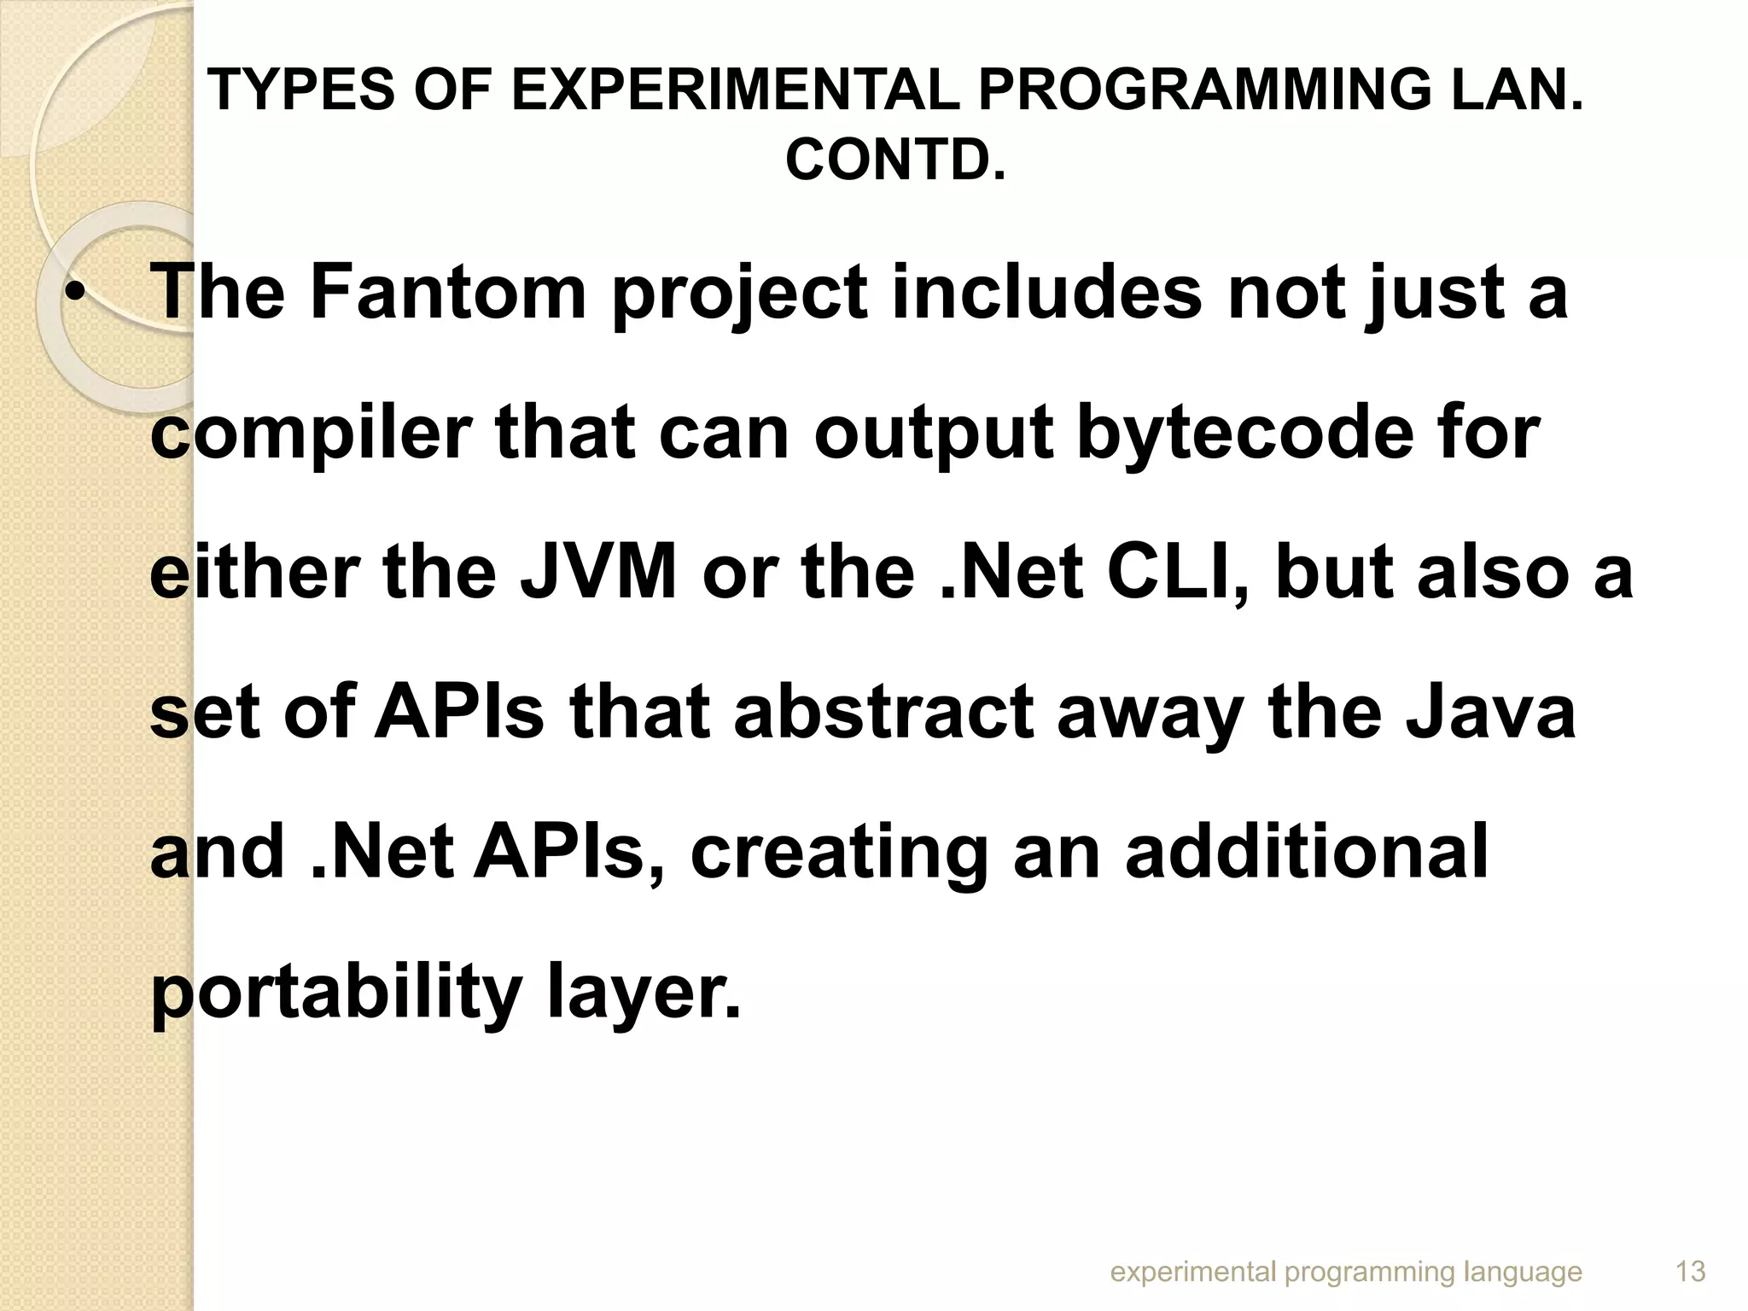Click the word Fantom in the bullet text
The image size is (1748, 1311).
[448, 293]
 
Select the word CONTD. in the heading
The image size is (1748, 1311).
[894, 160]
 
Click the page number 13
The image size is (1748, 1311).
[1691, 1273]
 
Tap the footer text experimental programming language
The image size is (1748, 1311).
[1346, 1273]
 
